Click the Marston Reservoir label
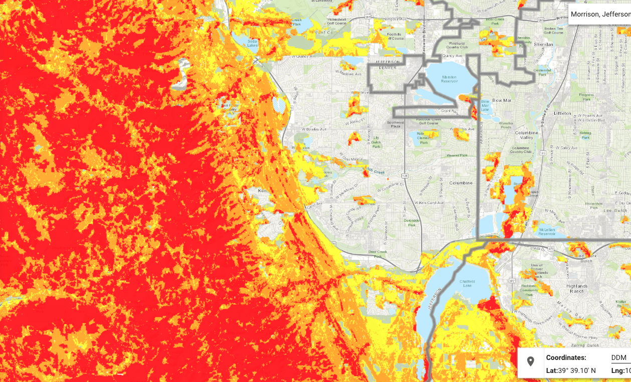[449, 79]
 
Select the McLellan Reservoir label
[546, 232]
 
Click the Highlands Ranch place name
[577, 289]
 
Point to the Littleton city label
[562, 113]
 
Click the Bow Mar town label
[502, 100]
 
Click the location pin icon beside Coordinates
[531, 361]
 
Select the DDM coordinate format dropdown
[619, 357]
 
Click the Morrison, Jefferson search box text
[600, 14]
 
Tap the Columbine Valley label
[526, 135]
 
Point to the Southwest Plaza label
[395, 124]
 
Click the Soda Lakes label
[253, 43]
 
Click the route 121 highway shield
[404, 175]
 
